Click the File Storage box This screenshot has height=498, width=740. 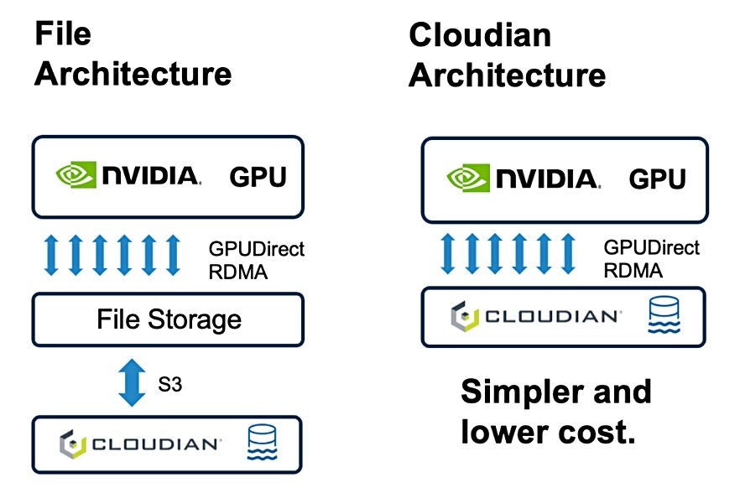(167, 319)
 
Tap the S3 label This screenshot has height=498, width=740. (169, 386)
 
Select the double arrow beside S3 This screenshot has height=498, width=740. (131, 382)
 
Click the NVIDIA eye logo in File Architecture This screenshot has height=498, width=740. (75, 175)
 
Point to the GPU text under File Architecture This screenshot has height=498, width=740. (258, 177)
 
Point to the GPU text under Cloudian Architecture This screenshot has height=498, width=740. (657, 179)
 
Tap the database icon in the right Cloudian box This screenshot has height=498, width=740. (662, 316)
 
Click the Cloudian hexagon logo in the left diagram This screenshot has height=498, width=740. (70, 444)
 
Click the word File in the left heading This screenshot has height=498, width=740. (62, 34)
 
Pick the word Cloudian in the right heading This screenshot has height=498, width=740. (480, 35)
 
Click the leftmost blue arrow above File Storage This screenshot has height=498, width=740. (50, 256)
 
